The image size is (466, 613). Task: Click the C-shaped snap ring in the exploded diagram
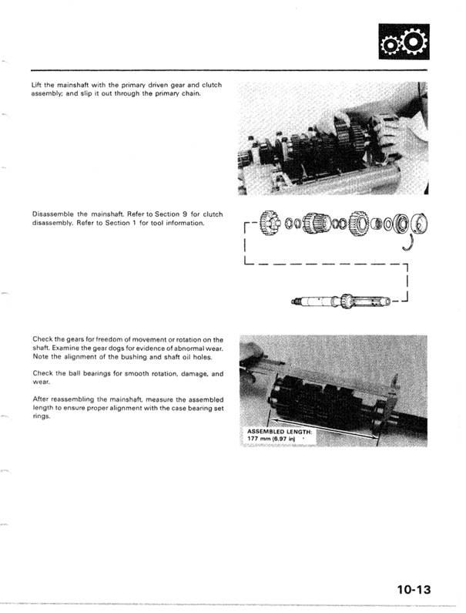coord(407,244)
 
